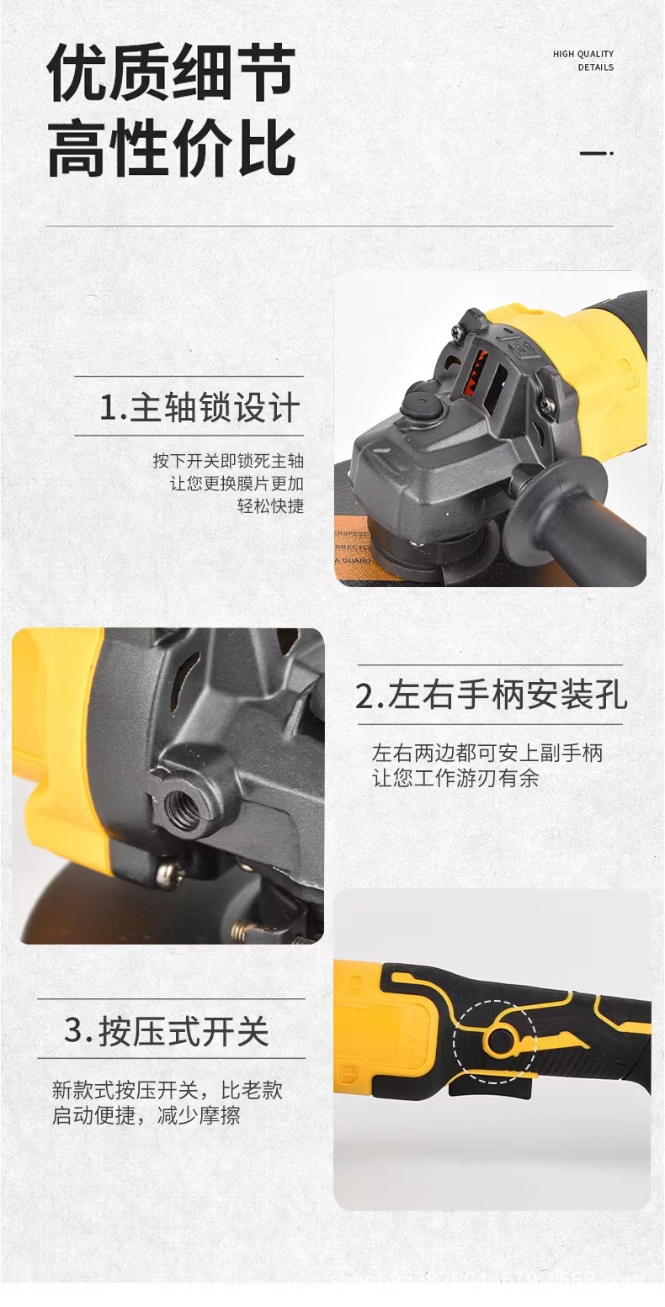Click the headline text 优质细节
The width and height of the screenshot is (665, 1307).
point(171,74)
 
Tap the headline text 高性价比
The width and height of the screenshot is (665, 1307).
point(171,150)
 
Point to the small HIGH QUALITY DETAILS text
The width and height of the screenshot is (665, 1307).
point(583,61)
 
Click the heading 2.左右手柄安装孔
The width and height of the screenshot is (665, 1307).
point(491,696)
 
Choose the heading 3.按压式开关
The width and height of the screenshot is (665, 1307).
point(167,1031)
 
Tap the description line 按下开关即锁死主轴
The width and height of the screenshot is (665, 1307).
point(228,461)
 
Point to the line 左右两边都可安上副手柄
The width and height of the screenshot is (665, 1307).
point(487,753)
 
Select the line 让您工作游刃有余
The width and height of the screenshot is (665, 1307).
point(455,778)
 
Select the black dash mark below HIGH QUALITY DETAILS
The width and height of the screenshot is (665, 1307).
point(597,154)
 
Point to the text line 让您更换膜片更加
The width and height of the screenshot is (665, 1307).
point(237,484)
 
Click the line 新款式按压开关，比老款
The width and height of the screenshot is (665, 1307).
point(167,1091)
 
